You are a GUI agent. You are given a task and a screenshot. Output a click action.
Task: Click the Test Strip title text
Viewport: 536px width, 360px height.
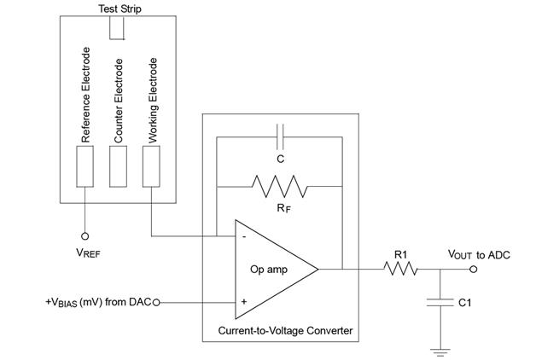click(x=119, y=9)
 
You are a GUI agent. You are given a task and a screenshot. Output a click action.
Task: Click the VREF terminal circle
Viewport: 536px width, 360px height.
click(x=84, y=236)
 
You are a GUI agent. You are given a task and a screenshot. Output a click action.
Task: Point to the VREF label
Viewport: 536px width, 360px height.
click(x=88, y=253)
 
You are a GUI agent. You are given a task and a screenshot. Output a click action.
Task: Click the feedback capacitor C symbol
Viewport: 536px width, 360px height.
click(x=280, y=137)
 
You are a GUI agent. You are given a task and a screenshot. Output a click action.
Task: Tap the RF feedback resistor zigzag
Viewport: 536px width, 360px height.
click(x=280, y=187)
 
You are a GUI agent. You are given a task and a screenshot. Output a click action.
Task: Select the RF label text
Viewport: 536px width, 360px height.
click(x=283, y=208)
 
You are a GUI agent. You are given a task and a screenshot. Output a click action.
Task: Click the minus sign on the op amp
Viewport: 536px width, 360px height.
click(x=244, y=236)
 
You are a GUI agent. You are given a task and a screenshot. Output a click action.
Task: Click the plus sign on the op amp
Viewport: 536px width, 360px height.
click(x=244, y=302)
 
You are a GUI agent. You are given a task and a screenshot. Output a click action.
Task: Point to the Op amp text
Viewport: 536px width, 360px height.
click(x=269, y=270)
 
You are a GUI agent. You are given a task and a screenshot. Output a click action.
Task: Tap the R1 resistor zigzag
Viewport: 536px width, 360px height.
click(x=400, y=269)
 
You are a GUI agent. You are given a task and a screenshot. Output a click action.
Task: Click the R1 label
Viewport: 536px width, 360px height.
click(x=400, y=254)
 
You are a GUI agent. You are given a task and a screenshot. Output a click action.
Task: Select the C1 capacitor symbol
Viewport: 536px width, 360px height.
click(x=440, y=302)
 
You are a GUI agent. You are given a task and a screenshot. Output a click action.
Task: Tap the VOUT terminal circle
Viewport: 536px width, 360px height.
click(x=473, y=269)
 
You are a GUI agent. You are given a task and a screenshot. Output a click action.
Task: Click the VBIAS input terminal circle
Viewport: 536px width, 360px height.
click(x=156, y=302)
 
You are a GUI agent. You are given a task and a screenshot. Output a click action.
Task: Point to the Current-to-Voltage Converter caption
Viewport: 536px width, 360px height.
click(x=285, y=331)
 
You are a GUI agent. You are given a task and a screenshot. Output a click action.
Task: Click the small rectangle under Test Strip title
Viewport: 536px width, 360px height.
click(x=117, y=27)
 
